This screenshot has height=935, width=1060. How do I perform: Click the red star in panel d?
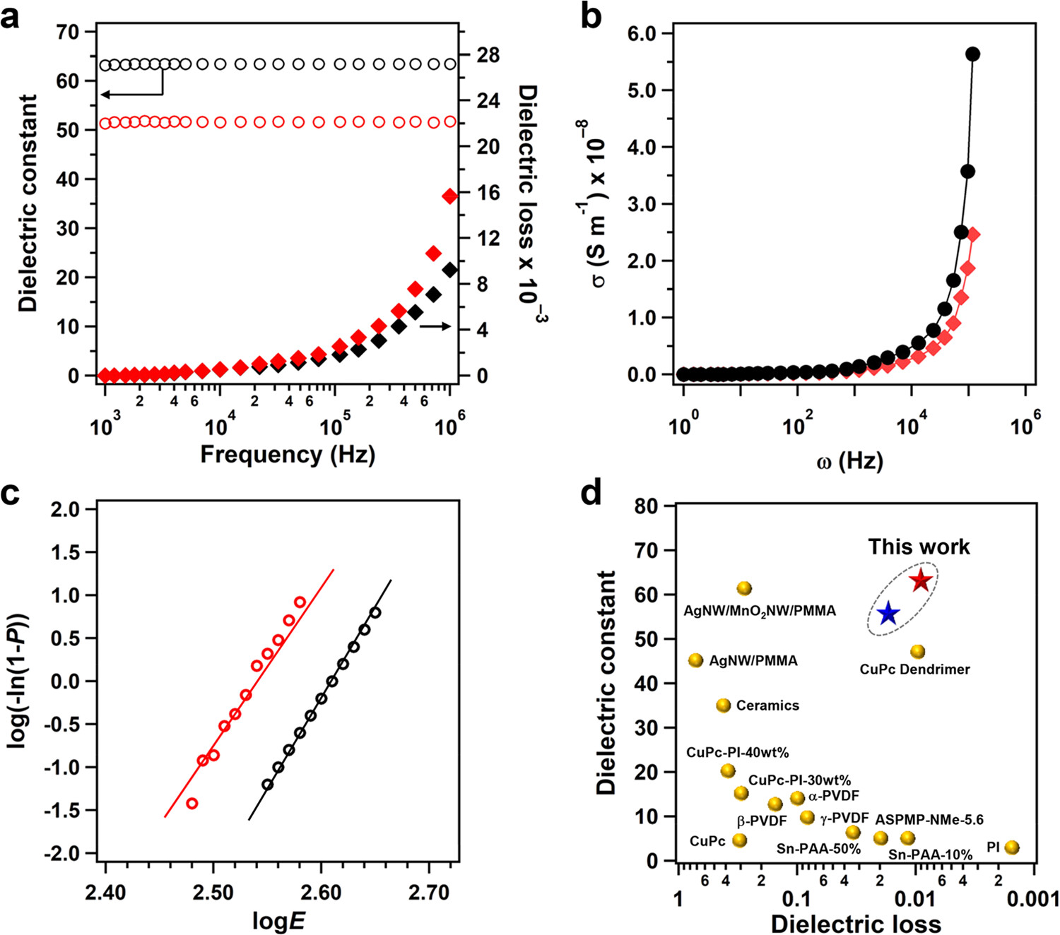pyautogui.click(x=920, y=580)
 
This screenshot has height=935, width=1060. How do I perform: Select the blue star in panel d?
pyautogui.click(x=888, y=614)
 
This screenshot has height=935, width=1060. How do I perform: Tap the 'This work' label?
pyautogui.click(x=919, y=547)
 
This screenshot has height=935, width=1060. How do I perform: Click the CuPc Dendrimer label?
pyautogui.click(x=914, y=669)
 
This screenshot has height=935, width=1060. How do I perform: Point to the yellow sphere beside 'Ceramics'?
pyautogui.click(x=723, y=705)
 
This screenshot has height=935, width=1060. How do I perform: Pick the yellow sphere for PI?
pyautogui.click(x=1012, y=847)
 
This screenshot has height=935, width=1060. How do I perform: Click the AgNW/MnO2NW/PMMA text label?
pyautogui.click(x=760, y=610)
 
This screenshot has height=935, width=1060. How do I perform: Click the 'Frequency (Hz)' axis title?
pyautogui.click(x=288, y=453)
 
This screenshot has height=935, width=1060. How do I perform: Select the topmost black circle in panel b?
pyautogui.click(x=972, y=54)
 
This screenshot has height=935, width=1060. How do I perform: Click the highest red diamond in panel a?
pyautogui.click(x=449, y=196)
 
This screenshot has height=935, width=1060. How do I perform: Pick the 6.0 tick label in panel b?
pyautogui.click(x=642, y=33)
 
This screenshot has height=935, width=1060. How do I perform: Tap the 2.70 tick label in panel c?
pyautogui.click(x=429, y=893)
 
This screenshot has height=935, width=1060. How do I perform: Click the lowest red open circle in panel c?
pyautogui.click(x=192, y=803)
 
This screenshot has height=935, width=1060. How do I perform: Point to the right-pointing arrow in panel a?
pyautogui.click(x=435, y=326)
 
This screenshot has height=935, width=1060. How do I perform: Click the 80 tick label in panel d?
pyautogui.click(x=646, y=506)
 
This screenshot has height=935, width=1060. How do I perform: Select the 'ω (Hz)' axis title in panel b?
pyautogui.click(x=849, y=462)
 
